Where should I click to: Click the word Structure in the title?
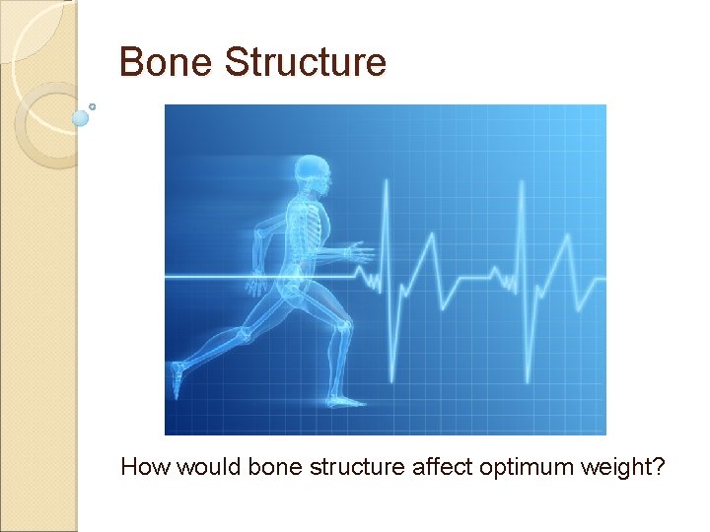[x=305, y=62]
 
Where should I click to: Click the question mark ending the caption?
[x=659, y=466]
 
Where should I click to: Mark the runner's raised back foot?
[x=177, y=378]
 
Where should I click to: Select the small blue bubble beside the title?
[x=81, y=118]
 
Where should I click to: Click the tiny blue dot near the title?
[x=93, y=105]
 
